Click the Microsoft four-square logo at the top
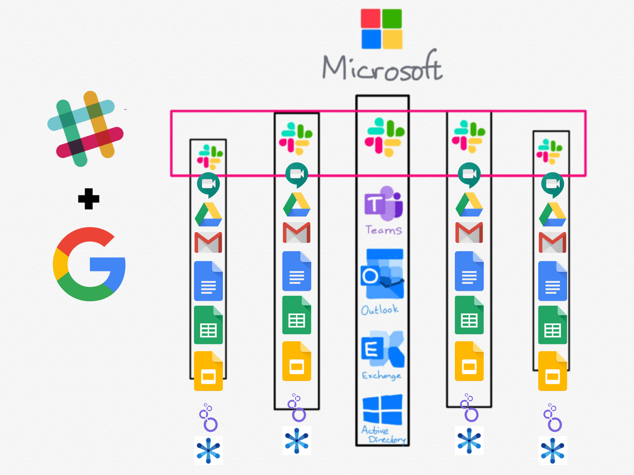(x=381, y=29)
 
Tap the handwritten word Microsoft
(x=382, y=68)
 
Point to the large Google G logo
(x=89, y=264)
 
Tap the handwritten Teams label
(x=384, y=230)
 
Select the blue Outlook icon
(x=382, y=276)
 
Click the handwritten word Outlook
(x=380, y=309)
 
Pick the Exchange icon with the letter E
(x=383, y=349)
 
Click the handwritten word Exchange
(x=381, y=376)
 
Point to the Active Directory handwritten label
(x=383, y=435)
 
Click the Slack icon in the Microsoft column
(x=385, y=136)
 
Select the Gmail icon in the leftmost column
(x=208, y=242)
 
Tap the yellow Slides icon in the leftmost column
(x=208, y=371)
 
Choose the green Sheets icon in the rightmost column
(x=553, y=325)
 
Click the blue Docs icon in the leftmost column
(x=208, y=281)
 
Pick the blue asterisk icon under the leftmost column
(x=208, y=451)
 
